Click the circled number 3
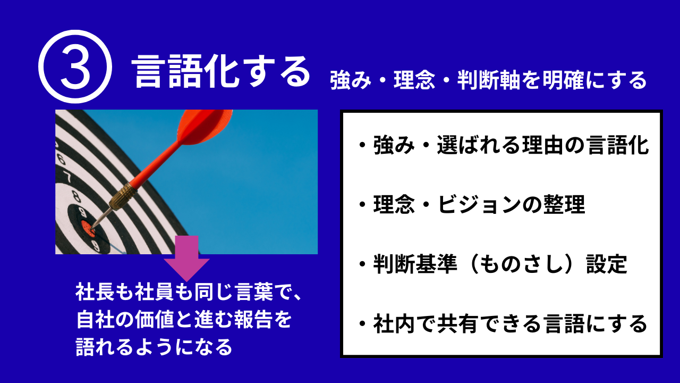tap(75, 66)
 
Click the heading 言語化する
tap(220, 71)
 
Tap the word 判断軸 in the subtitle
tap(489, 80)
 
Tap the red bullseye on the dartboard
tap(88, 229)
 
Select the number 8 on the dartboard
tap(76, 196)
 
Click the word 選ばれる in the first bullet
tap(479, 145)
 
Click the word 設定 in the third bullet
tap(607, 264)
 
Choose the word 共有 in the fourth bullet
tap(458, 324)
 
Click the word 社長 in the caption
tap(95, 292)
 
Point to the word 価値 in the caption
tap(154, 319)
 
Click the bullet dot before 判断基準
tap(362, 264)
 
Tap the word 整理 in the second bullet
tap(564, 204)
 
